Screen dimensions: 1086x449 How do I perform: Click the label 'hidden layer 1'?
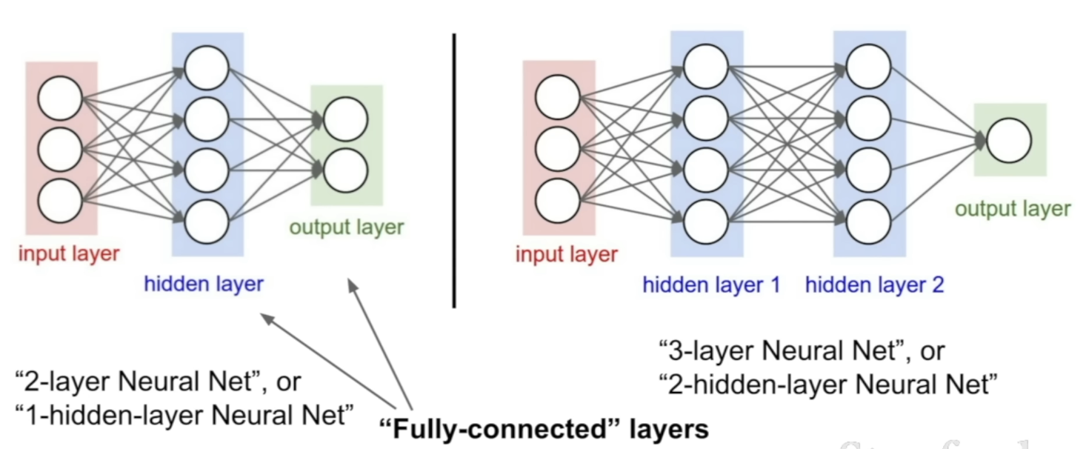coord(711,285)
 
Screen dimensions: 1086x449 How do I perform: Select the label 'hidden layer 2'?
coord(875,285)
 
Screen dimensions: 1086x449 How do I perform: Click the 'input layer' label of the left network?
coord(69,254)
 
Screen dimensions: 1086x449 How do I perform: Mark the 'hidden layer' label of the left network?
coord(204,284)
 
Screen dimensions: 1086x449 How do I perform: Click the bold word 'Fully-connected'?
coord(499,429)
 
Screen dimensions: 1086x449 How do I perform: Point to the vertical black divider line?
coord(454,170)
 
